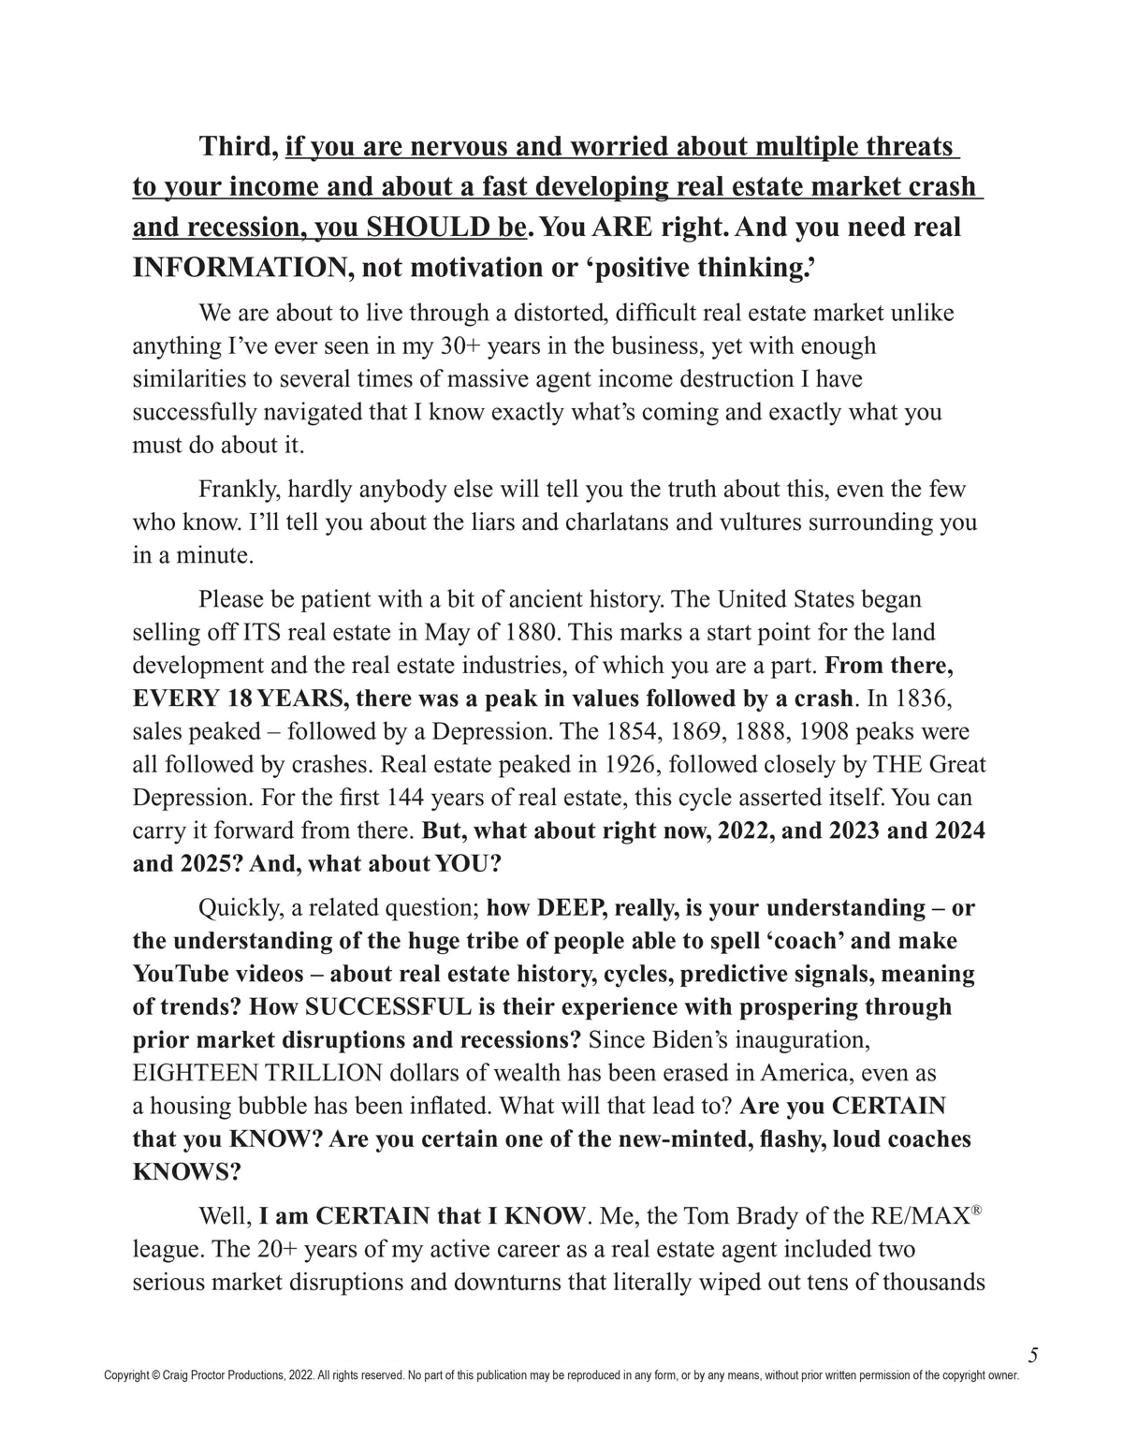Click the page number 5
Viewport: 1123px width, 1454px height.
click(1033, 1355)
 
